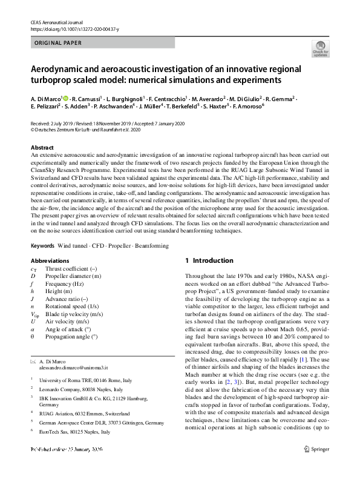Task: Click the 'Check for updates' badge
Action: pos(319,49)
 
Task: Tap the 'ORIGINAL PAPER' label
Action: pos(58,43)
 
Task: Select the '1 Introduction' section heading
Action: pos(209,261)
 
